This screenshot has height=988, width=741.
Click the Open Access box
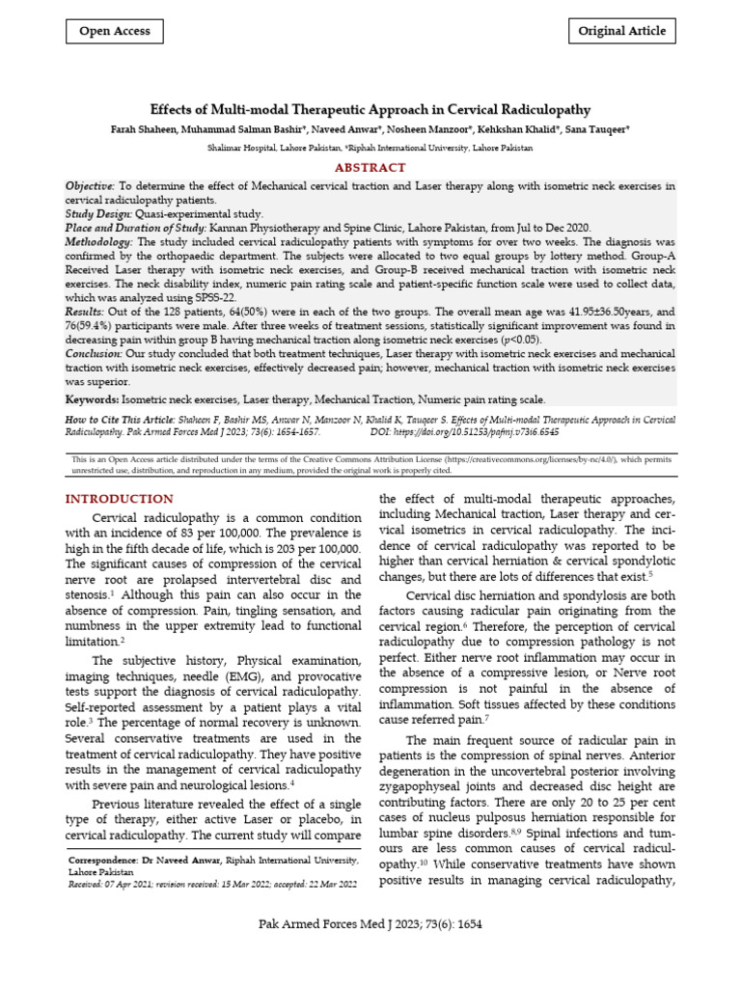pos(114,31)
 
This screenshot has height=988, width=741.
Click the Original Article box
pos(621,31)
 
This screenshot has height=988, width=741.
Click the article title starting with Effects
pos(370,110)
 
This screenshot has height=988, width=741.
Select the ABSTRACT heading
pos(370,167)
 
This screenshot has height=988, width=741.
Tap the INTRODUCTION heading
pos(119,499)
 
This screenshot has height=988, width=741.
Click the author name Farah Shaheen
pos(144,129)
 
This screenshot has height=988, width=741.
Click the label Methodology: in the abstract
pos(100,241)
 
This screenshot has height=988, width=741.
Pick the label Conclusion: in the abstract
pos(94,355)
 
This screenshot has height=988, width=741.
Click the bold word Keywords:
pos(92,399)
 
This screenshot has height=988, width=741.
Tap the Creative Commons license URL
pos(535,460)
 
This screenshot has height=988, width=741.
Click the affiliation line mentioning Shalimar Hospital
pos(370,149)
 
